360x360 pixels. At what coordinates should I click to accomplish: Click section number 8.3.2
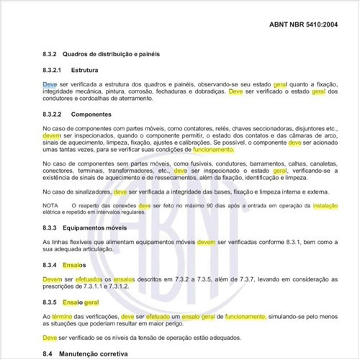[50, 55]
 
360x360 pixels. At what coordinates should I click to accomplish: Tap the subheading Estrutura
[86, 71]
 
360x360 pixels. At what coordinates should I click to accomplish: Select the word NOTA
[51, 205]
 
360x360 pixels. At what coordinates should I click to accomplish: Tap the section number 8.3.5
[50, 303]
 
